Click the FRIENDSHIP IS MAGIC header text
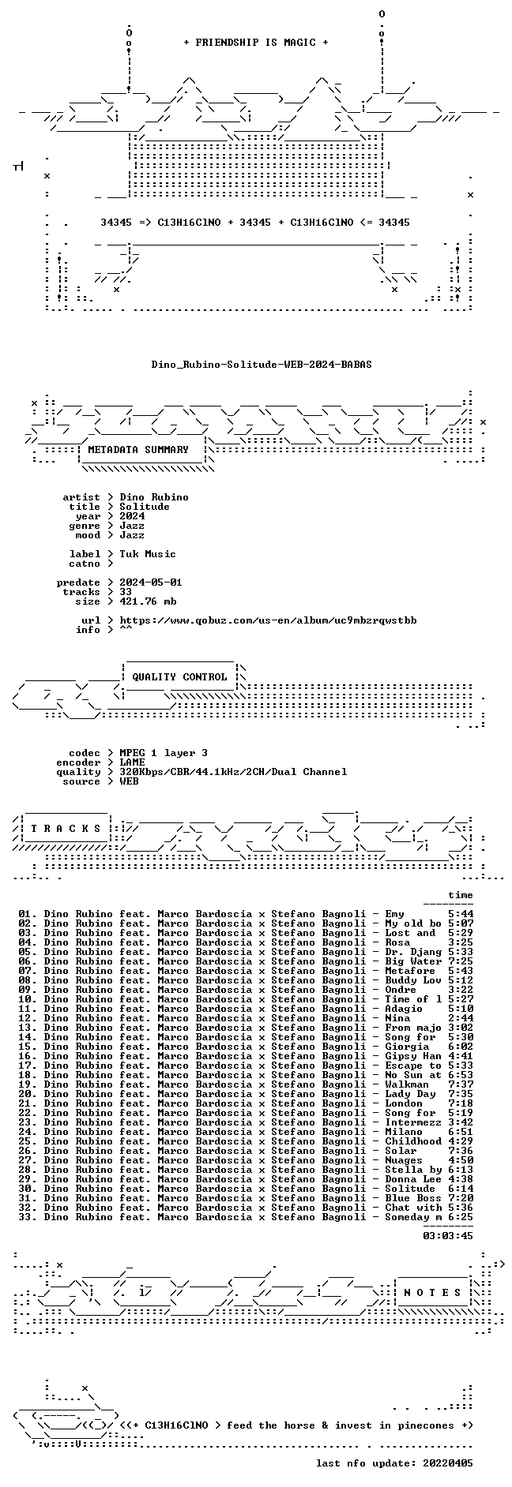click(255, 43)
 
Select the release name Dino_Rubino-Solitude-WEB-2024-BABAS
click(262, 365)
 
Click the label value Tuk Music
click(148, 554)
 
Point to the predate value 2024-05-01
click(151, 582)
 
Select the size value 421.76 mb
click(148, 601)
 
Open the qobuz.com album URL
click(268, 620)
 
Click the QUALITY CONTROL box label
click(179, 677)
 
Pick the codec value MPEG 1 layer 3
click(164, 753)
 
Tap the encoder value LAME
click(132, 762)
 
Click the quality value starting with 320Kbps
click(233, 772)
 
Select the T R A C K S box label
click(66, 829)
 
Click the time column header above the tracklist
click(461, 895)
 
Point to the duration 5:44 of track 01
click(461, 914)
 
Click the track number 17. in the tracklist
click(28, 1066)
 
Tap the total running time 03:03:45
click(448, 1236)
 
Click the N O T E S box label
click(432, 1293)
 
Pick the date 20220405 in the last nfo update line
click(448, 1463)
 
